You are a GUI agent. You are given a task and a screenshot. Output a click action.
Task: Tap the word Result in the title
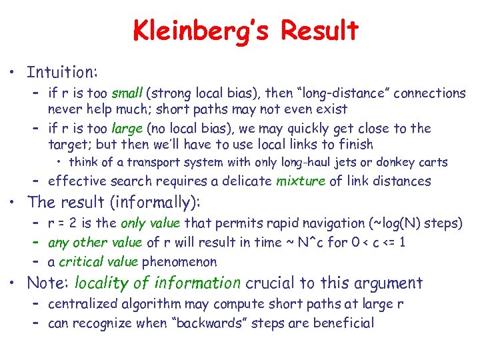pos(319,31)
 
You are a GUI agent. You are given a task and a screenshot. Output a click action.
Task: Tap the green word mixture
pos(300,181)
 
